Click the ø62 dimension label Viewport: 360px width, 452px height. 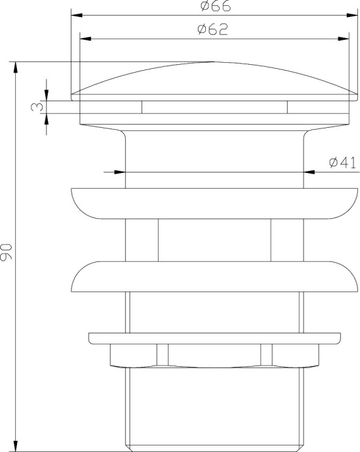click(x=211, y=30)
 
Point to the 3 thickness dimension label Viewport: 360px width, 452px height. click(x=39, y=106)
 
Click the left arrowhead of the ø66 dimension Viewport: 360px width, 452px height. click(x=75, y=14)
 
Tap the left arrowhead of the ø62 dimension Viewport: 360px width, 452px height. click(x=85, y=38)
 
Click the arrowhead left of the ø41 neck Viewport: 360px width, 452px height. click(x=119, y=172)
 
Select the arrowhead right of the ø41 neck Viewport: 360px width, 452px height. click(x=309, y=172)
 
